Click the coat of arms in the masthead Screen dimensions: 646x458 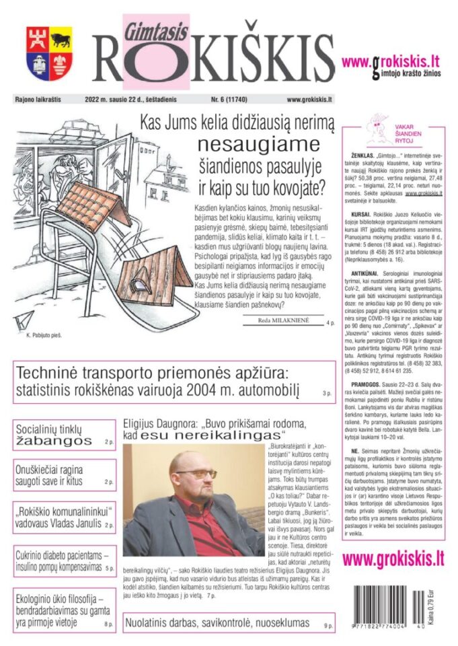[49, 53]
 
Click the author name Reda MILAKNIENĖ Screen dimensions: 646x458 [282, 321]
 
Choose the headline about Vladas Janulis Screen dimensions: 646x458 [62, 517]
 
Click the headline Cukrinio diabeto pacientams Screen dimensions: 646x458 [62, 561]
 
